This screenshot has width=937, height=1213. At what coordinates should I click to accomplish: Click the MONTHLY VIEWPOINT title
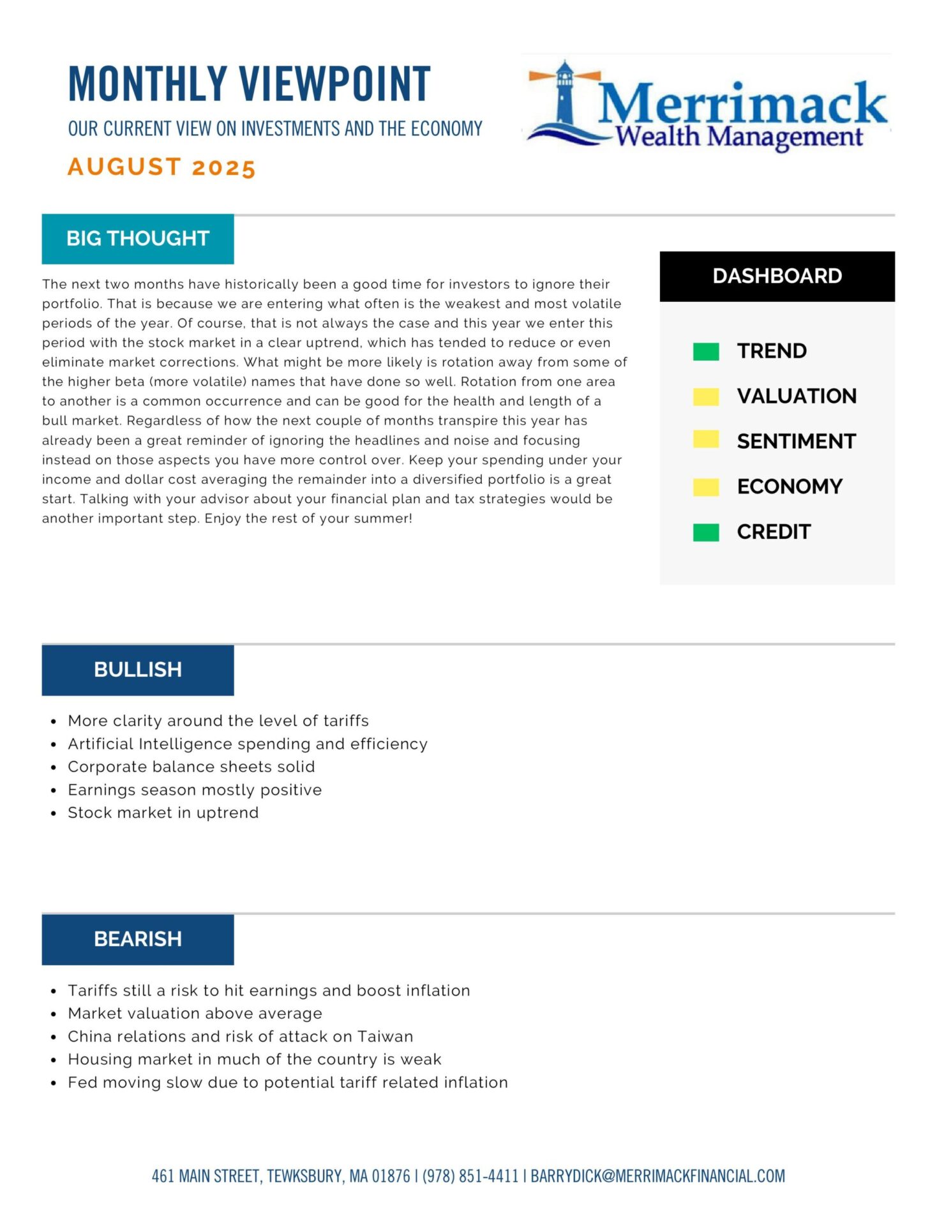249,84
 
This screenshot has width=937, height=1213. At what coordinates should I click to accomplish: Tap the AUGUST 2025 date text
161,167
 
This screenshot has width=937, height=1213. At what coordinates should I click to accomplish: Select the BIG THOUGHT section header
138,239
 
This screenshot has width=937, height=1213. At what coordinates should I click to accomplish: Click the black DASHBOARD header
777,276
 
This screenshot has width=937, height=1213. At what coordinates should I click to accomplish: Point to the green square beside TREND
706,352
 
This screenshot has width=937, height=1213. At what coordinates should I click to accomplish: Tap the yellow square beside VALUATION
706,396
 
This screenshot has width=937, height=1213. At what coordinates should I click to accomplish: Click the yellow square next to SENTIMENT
706,440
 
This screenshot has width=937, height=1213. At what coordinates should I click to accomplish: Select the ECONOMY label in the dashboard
790,486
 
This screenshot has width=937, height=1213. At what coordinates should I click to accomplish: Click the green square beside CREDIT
706,532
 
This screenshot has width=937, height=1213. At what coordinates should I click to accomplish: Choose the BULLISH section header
138,670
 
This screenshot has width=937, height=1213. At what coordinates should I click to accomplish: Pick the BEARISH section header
138,939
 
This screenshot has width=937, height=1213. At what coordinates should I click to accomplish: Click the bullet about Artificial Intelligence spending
248,744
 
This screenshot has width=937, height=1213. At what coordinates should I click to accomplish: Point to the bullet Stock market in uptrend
163,813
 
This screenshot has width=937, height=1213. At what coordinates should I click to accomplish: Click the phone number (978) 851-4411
470,1176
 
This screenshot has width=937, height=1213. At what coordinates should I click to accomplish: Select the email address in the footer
657,1176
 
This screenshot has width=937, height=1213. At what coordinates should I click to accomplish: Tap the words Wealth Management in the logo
738,137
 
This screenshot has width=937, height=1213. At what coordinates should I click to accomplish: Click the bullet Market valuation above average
195,1013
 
